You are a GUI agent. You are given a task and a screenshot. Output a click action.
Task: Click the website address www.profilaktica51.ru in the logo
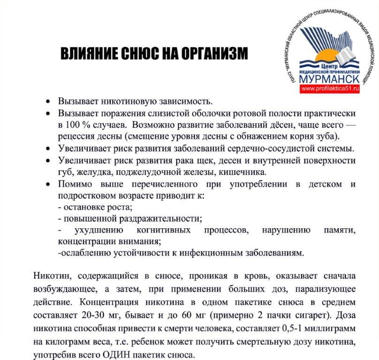(x=330, y=88)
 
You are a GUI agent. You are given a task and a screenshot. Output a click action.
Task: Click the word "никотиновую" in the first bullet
(x=125, y=101)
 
